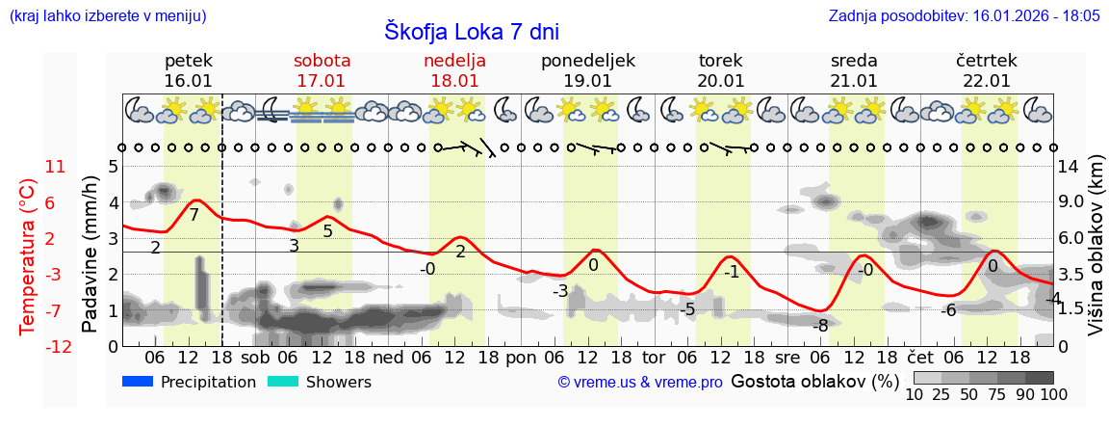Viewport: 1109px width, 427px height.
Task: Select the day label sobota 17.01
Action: [x=322, y=70]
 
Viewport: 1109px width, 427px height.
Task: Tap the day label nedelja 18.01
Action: [x=454, y=70]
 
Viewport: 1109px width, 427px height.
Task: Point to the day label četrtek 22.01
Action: [x=987, y=70]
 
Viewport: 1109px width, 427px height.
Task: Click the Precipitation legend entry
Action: [x=190, y=382]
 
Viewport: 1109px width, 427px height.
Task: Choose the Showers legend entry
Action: [x=319, y=382]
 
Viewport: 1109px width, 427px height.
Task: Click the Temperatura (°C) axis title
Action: [x=28, y=255]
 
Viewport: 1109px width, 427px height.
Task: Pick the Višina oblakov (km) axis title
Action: [x=1096, y=255]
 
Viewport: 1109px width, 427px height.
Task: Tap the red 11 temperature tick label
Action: [x=56, y=167]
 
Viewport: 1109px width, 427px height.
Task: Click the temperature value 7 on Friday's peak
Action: [x=193, y=215]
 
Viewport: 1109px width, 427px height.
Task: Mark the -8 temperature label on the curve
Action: [x=820, y=326]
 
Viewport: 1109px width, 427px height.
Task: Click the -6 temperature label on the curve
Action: [x=948, y=309]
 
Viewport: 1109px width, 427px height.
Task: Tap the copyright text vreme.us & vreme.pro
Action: [x=639, y=382]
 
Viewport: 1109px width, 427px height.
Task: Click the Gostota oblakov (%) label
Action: [x=814, y=381]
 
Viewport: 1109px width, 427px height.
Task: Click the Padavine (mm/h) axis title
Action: [x=90, y=255]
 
